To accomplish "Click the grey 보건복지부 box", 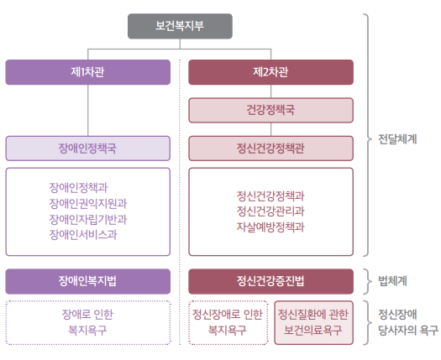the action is [x=180, y=26].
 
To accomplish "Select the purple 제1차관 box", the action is [x=88, y=72].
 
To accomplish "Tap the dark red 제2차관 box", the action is [x=270, y=72].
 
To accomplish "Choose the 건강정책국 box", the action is [x=270, y=110].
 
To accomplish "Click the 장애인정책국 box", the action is [x=88, y=149].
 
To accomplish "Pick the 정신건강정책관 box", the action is [x=270, y=149].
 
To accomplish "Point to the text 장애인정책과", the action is [x=78, y=187].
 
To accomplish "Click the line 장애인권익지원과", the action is [x=88, y=203].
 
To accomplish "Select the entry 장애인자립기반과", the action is [x=88, y=219].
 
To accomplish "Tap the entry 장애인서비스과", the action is [x=83, y=234].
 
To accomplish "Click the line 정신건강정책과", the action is [x=270, y=196].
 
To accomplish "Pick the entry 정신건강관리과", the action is [x=270, y=211].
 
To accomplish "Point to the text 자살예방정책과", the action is [x=270, y=227].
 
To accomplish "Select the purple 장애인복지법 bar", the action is [x=88, y=281].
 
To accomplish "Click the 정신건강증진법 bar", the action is [x=270, y=281].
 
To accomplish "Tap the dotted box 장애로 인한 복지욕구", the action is [x=88, y=322].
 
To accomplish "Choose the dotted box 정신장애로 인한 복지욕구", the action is [x=228, y=322].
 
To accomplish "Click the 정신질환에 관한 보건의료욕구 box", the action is [x=313, y=322].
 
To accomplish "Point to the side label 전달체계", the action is [x=397, y=139].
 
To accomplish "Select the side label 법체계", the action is [x=392, y=281].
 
